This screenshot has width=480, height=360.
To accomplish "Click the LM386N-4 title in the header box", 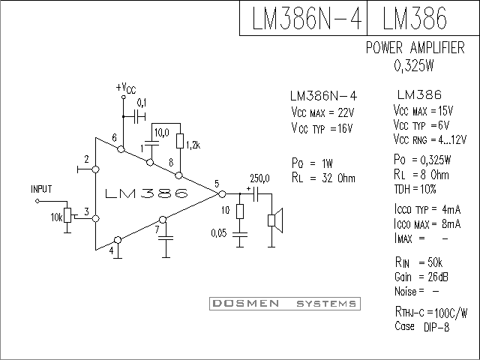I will pos(303,18).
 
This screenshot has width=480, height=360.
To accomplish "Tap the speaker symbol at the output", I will pos(274,220).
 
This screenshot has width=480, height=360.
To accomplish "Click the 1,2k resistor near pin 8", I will pos(180,140).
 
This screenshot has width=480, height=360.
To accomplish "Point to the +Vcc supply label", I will pos(125,88).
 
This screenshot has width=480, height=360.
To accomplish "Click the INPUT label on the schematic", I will pos(42,189).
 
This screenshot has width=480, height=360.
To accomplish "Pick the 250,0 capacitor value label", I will pos(259,178).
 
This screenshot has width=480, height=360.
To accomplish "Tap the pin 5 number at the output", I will pos(216,184).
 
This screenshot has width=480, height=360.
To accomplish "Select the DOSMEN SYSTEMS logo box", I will pos(283,304).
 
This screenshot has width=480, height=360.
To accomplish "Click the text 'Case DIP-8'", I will pos(421,326).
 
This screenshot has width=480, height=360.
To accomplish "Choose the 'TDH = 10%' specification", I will pos(414,188).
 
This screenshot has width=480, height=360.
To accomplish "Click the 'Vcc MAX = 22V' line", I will pos(322,112).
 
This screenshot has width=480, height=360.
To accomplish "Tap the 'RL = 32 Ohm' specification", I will pos(323,178).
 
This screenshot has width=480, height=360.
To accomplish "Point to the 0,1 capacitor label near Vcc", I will pos(142,102).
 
